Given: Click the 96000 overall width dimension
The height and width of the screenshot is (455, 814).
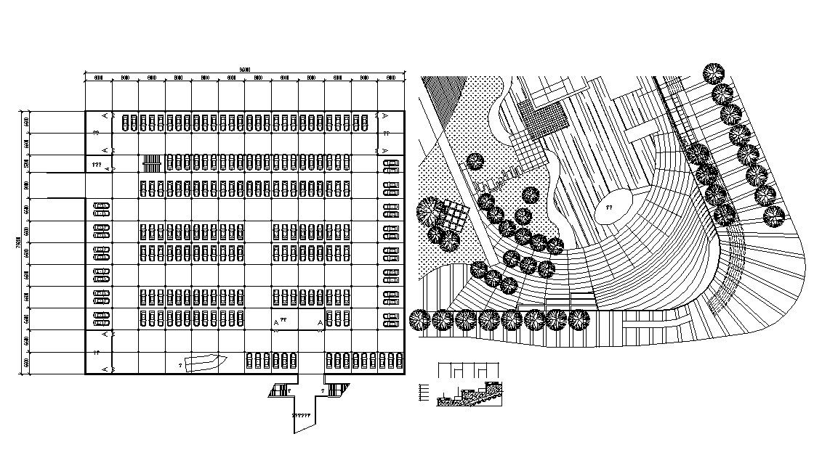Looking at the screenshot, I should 245,69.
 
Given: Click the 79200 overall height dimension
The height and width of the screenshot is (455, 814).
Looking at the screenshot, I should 17,242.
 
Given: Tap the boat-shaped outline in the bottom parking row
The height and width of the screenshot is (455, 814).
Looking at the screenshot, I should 206,361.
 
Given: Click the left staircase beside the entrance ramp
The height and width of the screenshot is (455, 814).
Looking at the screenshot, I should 278,390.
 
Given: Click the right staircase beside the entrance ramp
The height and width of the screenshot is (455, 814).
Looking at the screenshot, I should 334,390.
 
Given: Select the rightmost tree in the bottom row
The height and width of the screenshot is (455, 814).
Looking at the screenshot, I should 579,319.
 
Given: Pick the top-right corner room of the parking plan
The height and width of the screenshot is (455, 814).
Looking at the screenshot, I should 391,122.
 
